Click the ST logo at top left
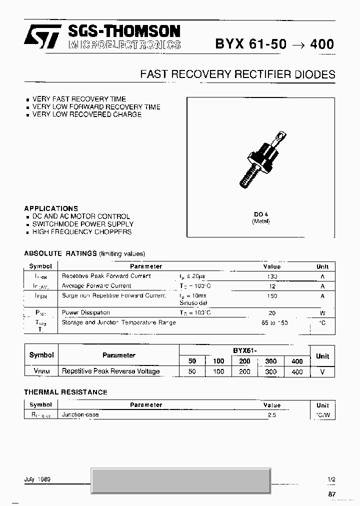tap(43, 36)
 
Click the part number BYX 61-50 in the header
tap(251, 44)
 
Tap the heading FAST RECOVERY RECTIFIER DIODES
tap(237, 74)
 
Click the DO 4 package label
tap(260, 214)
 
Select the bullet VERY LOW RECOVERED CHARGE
tap(86, 114)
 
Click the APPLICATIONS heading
tap(51, 208)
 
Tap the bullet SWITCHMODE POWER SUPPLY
tap(82, 224)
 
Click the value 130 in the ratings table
tap(272, 276)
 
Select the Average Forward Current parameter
tap(96, 286)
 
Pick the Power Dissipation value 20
tap(272, 312)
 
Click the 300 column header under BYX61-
tap(271, 361)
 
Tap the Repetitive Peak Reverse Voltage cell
tap(110, 371)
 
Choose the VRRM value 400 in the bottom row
tap(297, 371)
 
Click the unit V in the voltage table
tap(322, 371)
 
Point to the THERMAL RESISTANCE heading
tap(65, 392)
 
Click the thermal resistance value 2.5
tap(272, 415)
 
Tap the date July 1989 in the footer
tap(37, 479)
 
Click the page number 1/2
tap(331, 479)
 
